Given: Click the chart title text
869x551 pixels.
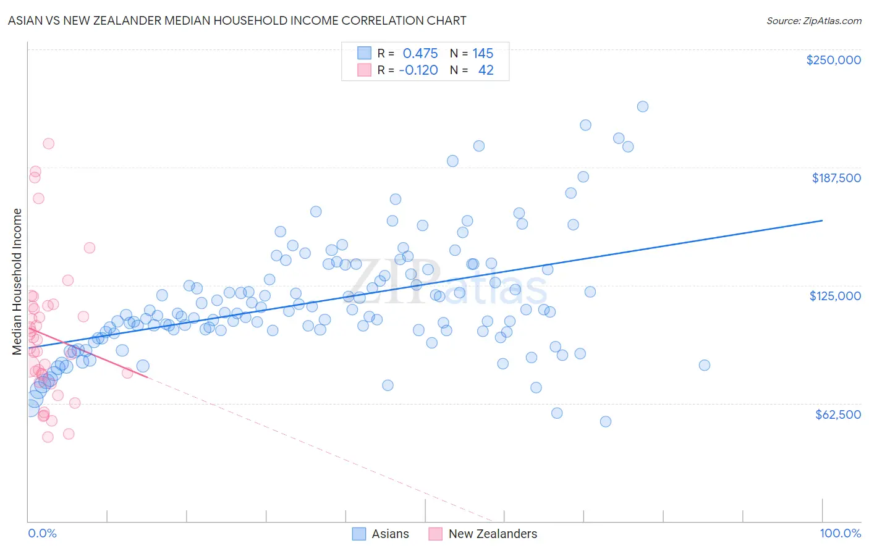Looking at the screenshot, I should (237, 20).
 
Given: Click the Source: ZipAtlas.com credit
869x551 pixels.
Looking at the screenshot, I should (813, 20).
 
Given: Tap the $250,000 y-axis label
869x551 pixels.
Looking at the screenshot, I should (833, 60).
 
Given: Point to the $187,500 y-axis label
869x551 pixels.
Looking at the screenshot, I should (836, 178).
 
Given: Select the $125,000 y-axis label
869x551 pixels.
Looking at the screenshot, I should (834, 296).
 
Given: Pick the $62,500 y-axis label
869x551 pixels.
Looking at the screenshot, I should (837, 414).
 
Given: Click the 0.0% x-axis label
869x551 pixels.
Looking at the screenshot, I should (42, 533).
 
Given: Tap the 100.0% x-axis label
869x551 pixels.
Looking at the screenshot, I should (840, 533).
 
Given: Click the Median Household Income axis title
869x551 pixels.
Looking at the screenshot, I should (17, 282).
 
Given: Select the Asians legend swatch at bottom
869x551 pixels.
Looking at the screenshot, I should (359, 534).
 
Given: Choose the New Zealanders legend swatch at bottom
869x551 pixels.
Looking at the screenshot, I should (435, 534).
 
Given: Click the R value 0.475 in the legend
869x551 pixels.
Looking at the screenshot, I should (420, 53).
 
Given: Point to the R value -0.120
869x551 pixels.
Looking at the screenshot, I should (418, 70).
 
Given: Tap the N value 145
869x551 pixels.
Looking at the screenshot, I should (483, 53).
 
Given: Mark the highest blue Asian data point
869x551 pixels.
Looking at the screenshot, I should (642, 106).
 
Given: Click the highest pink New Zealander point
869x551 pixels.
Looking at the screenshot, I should (48, 143).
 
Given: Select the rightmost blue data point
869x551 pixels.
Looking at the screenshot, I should (704, 365).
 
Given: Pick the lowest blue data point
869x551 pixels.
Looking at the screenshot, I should (606, 421).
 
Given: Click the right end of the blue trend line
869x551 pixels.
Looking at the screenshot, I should (822, 220).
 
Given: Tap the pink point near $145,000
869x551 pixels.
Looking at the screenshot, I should (89, 248).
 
